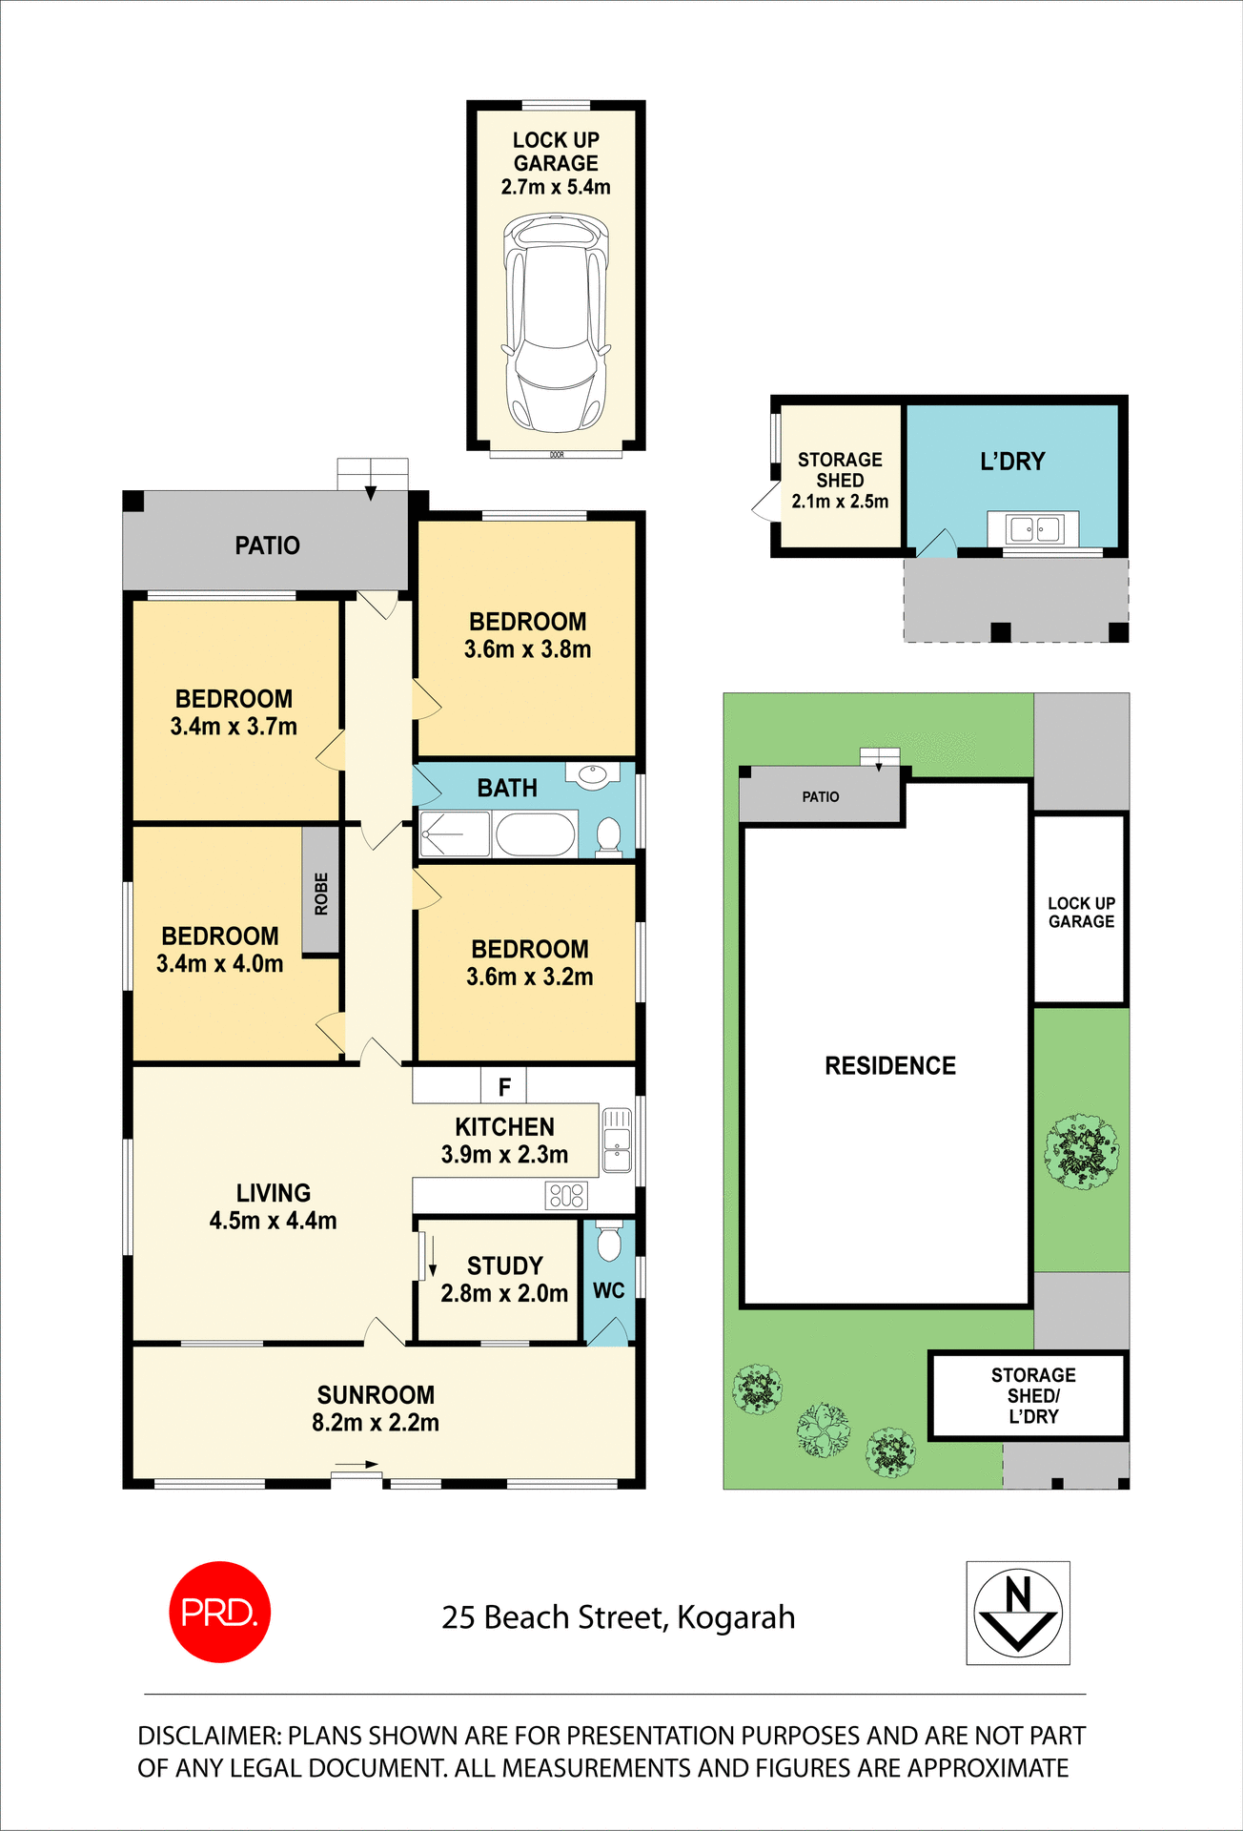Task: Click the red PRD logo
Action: pos(219,1612)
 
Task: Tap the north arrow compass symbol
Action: pos(1018,1613)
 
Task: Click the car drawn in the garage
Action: pos(556,323)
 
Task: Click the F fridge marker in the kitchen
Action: pos(504,1086)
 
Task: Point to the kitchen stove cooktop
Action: pos(566,1195)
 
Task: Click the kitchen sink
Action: pos(617,1140)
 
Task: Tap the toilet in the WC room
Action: pos(608,1243)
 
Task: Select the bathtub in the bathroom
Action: pos(535,834)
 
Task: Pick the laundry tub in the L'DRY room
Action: pos(1034,529)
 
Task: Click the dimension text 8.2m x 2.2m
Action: pos(376,1423)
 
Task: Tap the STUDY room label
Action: pos(504,1265)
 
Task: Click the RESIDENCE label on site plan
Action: pos(889,1065)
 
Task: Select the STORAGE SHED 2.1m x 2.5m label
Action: pos(840,481)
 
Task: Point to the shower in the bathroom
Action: pos(455,834)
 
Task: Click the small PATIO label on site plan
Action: pos(820,796)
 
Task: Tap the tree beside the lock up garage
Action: pos(1081,1150)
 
